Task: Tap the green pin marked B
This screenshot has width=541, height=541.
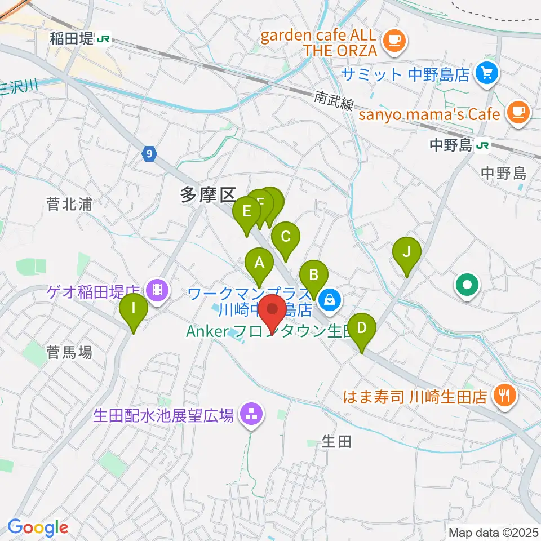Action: pos(313,276)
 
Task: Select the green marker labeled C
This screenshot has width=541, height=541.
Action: pos(286,237)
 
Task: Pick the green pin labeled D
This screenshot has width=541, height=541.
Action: pos(362,328)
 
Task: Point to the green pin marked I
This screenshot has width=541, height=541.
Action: pos(134,309)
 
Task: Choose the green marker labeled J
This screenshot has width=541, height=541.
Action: pos(407,251)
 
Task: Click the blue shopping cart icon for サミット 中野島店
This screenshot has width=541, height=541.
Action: pos(485,73)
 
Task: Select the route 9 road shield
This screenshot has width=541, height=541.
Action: pos(148,153)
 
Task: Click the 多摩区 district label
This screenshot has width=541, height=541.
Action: pos(206,196)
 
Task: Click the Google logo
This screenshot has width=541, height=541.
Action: pos(37,527)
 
